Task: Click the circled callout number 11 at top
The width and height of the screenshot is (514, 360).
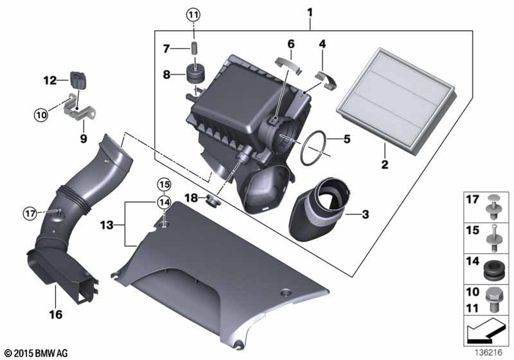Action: pos(193,15)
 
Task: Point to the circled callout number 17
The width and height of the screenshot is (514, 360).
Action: pos(30,214)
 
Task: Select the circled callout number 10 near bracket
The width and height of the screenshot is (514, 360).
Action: pos(41,115)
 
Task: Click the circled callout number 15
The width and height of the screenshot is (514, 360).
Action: pos(164,185)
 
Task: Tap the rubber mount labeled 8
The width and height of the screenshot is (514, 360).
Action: pos(195,74)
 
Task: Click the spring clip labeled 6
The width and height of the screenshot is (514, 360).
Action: pos(289,65)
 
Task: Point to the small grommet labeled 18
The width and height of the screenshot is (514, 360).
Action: pos(213,201)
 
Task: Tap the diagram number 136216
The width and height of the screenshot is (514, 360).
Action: pos(489,352)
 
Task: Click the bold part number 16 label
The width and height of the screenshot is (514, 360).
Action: pos(56,314)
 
